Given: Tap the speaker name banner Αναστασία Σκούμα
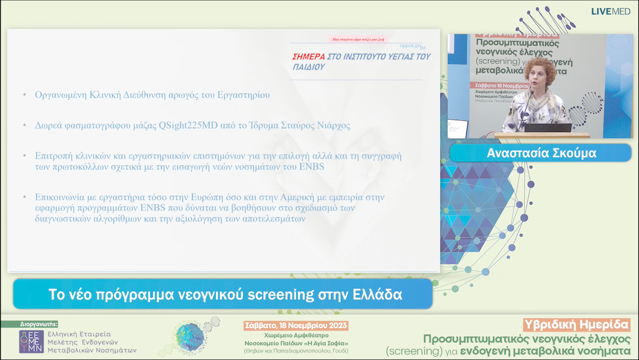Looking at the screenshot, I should tap(541, 153).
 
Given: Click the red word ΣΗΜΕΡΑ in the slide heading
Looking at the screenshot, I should tap(308, 57).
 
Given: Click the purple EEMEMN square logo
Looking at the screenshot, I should tap(31, 342).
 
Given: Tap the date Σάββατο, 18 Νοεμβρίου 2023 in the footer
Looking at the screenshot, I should tap(296, 326).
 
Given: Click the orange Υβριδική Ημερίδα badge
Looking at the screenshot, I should tap(577, 324).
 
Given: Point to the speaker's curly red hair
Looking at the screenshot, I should tap(541, 69).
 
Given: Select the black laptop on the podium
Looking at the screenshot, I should tap(548, 127).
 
